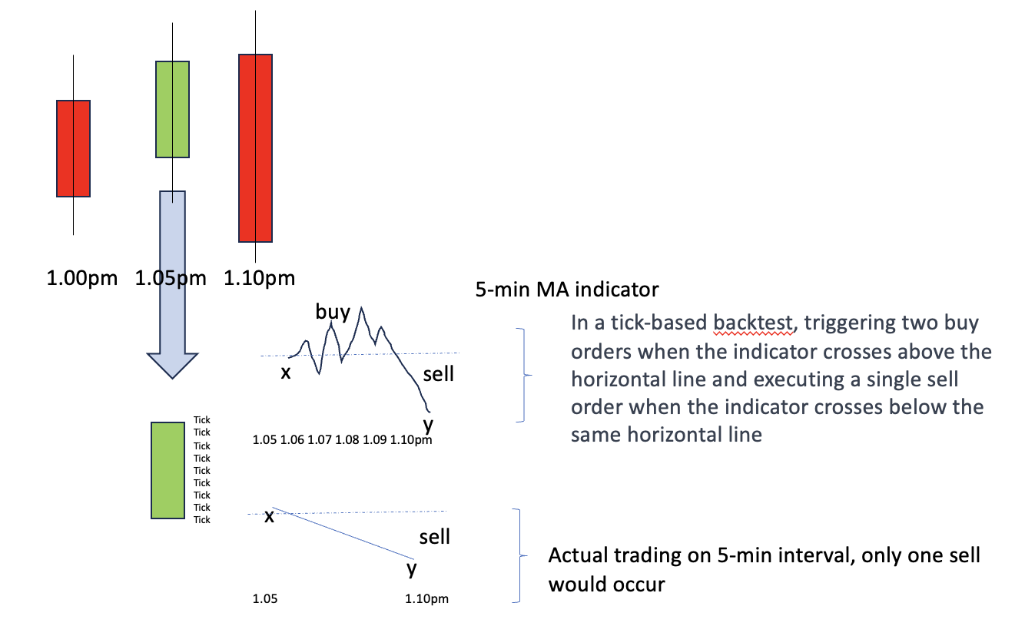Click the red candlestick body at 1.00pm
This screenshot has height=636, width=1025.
coord(73,149)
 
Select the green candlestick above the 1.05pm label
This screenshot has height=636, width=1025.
coord(173,109)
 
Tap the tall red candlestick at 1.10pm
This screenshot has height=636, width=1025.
coord(255,148)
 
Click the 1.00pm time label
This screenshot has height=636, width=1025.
coord(82,278)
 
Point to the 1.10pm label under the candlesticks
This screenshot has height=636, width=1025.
coord(259,278)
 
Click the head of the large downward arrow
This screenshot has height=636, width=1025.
coord(173,366)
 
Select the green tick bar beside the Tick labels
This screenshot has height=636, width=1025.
coord(168,470)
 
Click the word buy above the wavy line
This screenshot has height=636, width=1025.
coord(333,312)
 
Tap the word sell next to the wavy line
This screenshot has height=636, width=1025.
coord(439,374)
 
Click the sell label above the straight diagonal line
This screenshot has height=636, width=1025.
coord(435,537)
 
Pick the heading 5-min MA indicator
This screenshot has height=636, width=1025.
coord(567,289)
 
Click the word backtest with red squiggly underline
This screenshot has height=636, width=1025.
coord(753,323)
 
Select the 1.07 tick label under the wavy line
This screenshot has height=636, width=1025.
coord(320,439)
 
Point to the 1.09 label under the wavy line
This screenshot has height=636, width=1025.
coord(375,439)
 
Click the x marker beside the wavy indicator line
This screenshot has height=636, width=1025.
coord(286,373)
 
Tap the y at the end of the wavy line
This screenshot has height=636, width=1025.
coord(428,425)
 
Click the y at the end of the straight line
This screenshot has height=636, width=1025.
coord(412,569)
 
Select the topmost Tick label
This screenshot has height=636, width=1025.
coord(202,420)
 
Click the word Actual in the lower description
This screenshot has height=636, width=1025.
coord(578,555)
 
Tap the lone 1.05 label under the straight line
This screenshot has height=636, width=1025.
coord(265,599)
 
